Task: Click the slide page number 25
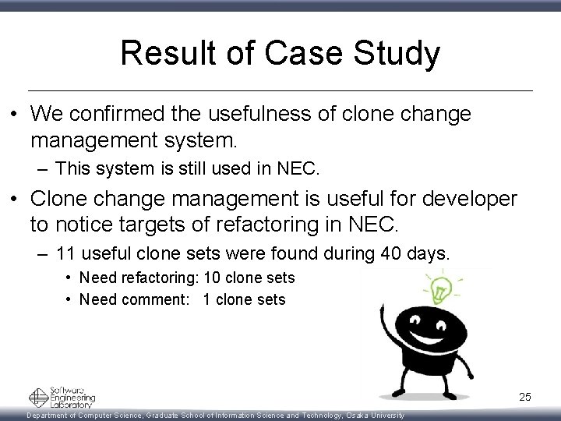tap(525, 398)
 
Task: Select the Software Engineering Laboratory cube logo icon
tap(39, 397)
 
